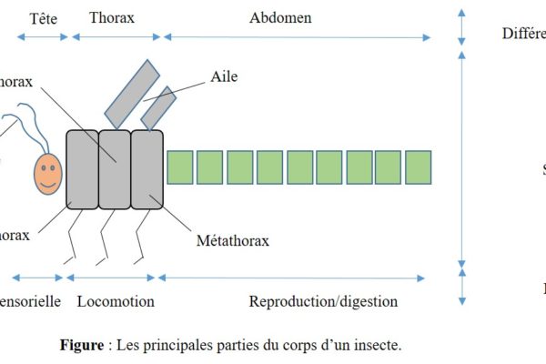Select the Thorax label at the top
point(114,18)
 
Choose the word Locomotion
point(116,301)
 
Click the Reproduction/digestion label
point(323,301)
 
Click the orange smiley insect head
point(48,173)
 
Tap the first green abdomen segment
point(180,167)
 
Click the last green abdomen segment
point(418,167)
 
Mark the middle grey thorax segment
point(115,169)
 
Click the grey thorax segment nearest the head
point(82,169)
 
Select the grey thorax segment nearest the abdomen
point(147,169)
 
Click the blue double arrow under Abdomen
point(297,37)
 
